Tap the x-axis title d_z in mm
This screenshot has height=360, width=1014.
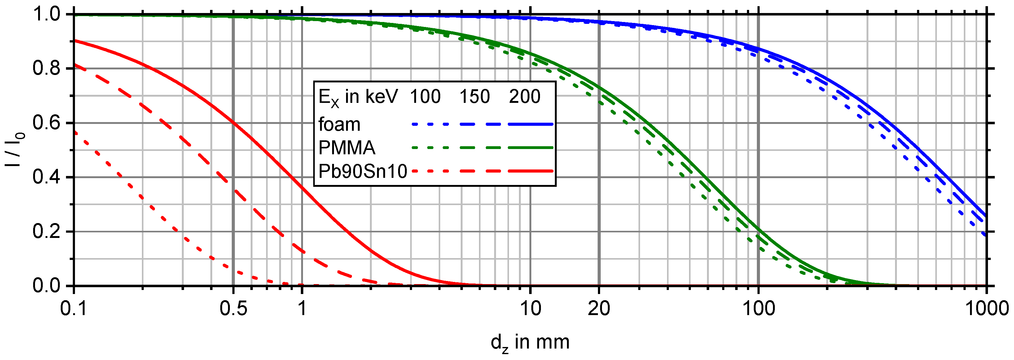point(530,343)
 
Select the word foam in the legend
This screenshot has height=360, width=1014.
point(339,124)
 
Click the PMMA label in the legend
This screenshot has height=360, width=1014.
point(347,148)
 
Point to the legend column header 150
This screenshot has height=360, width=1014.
point(475,97)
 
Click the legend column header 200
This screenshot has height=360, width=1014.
point(525,97)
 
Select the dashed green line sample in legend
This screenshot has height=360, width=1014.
point(480,148)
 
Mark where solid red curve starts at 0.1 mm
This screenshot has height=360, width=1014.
point(74,41)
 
